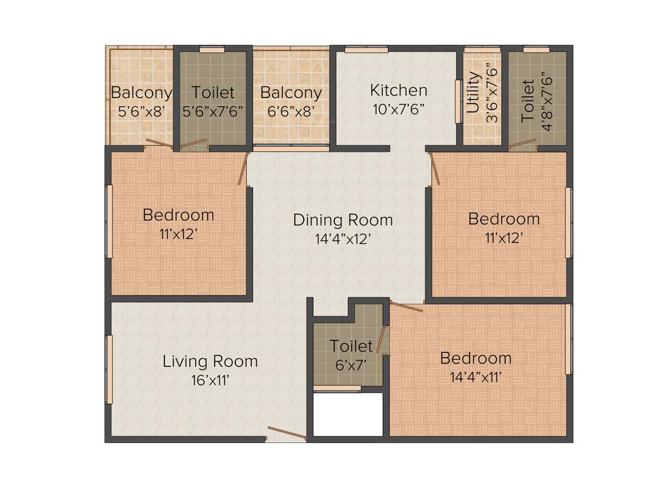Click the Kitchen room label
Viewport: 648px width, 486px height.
[398, 90]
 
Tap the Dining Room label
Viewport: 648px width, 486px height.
[342, 220]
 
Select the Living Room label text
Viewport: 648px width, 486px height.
[210, 361]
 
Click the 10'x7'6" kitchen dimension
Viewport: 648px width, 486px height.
[398, 108]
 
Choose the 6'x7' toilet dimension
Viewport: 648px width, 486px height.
[351, 364]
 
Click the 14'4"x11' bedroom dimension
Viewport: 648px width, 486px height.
[476, 378]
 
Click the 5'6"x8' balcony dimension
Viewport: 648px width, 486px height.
[140, 111]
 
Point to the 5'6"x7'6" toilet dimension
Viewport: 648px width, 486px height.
[213, 111]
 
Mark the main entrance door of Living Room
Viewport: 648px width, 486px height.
[287, 433]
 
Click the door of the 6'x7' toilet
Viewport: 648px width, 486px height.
[381, 340]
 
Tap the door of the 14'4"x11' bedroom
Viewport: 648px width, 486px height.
[406, 308]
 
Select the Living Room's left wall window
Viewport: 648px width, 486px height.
[109, 369]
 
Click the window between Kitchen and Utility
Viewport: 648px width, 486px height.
[458, 101]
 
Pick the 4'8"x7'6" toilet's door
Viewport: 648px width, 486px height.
[522, 144]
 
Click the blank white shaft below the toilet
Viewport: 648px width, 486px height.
[348, 414]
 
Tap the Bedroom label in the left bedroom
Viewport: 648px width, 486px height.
[178, 215]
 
